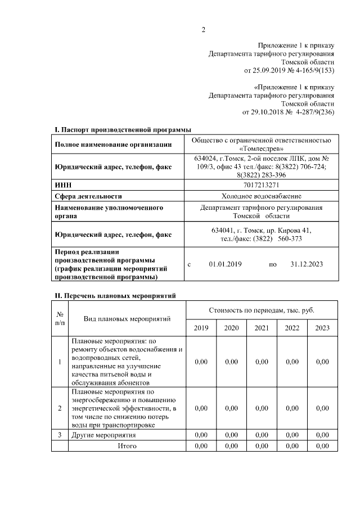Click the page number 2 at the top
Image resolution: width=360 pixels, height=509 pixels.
coord(204,30)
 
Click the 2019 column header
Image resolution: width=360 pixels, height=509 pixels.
coord(201,328)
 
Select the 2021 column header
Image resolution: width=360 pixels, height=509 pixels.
coord(262,328)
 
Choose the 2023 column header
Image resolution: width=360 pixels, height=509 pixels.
coord(322,328)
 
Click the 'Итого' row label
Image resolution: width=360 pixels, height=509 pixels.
coord(127,446)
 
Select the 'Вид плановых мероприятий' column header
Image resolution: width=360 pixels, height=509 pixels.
coord(127,319)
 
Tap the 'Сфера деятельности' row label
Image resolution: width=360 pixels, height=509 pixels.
coord(88,196)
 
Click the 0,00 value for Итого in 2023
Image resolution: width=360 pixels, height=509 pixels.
coord(322,446)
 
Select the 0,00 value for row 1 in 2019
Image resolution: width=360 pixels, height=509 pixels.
coord(201,362)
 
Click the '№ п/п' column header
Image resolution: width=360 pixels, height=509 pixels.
coord(60,319)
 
